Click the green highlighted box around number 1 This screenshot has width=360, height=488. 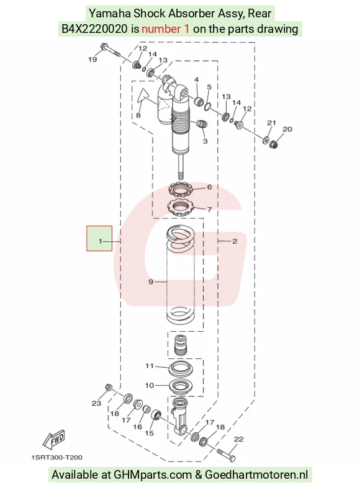99,238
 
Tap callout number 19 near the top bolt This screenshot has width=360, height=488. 92,60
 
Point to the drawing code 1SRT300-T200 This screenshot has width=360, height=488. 57,457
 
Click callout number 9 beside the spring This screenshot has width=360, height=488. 151,282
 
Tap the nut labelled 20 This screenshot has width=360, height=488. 273,144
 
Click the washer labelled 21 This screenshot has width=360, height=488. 266,140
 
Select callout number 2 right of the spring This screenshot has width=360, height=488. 235,241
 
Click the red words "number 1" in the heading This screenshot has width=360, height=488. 165,29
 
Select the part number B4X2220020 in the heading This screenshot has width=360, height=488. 94,29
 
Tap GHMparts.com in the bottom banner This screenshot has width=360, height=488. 153,475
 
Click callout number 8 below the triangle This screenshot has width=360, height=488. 138,115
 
